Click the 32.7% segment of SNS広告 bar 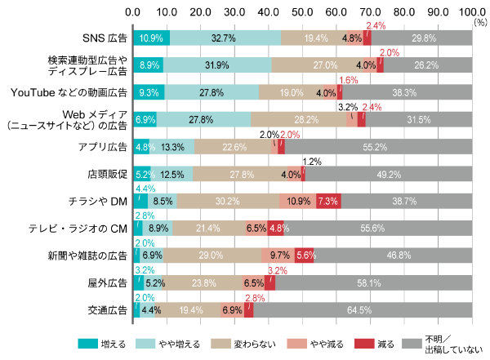225,38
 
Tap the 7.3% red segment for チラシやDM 328,201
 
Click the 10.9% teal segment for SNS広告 151,38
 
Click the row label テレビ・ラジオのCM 85,229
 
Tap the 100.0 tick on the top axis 472,12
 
